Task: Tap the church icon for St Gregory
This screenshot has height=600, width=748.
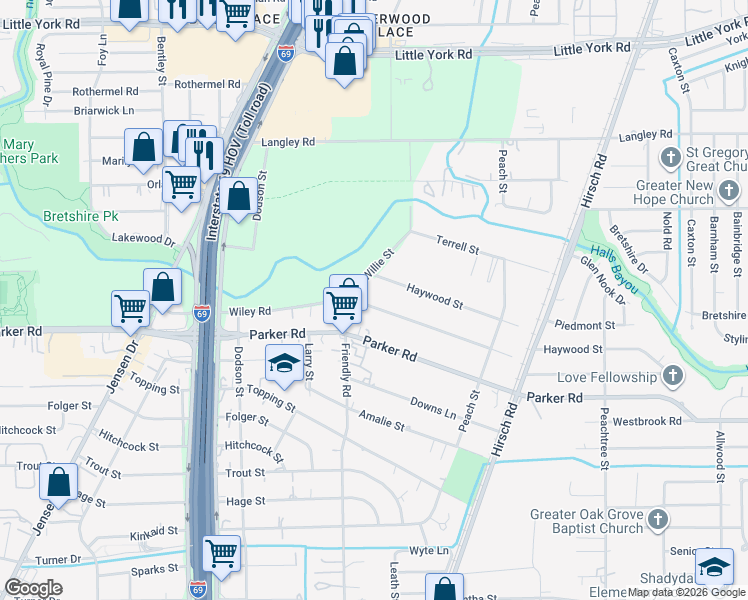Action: (x=671, y=157)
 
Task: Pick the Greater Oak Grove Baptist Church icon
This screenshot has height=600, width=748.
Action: (x=657, y=519)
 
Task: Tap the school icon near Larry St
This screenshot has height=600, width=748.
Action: (x=284, y=363)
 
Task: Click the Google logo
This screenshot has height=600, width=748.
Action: (x=33, y=588)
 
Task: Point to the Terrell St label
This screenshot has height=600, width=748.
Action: (x=457, y=244)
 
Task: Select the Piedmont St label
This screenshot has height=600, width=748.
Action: (x=585, y=325)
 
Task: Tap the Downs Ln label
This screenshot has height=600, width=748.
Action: (x=433, y=406)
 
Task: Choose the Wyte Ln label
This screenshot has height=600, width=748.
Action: (x=429, y=550)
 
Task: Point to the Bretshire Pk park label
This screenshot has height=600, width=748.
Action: (x=67, y=215)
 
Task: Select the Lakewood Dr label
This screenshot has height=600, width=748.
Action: (x=142, y=238)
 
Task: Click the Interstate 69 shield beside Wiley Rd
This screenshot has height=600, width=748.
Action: (x=202, y=313)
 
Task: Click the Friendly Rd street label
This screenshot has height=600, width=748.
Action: (x=346, y=371)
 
